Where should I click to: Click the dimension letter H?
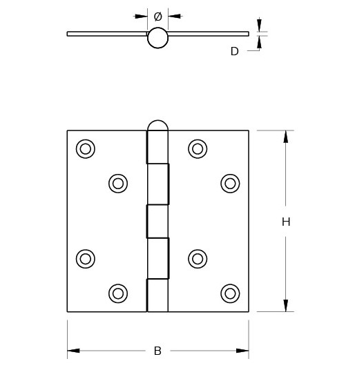285,222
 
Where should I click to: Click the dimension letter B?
157,351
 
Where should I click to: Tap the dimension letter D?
234,51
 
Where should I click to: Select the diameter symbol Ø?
157,16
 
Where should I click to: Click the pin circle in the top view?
157,38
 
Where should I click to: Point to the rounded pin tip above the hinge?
157,126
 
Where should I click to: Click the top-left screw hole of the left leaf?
86,148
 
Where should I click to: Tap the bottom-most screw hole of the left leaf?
118,293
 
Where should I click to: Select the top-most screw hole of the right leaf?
198,148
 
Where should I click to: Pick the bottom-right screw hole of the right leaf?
230,293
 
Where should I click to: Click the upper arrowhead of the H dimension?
285,136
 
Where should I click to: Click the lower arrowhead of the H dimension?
285,306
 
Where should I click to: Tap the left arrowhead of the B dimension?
73,351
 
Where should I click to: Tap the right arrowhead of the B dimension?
242,351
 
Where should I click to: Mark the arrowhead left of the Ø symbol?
141,16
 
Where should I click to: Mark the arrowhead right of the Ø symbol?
174,16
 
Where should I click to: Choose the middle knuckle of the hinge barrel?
157,221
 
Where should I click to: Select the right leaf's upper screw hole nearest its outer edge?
230,183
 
